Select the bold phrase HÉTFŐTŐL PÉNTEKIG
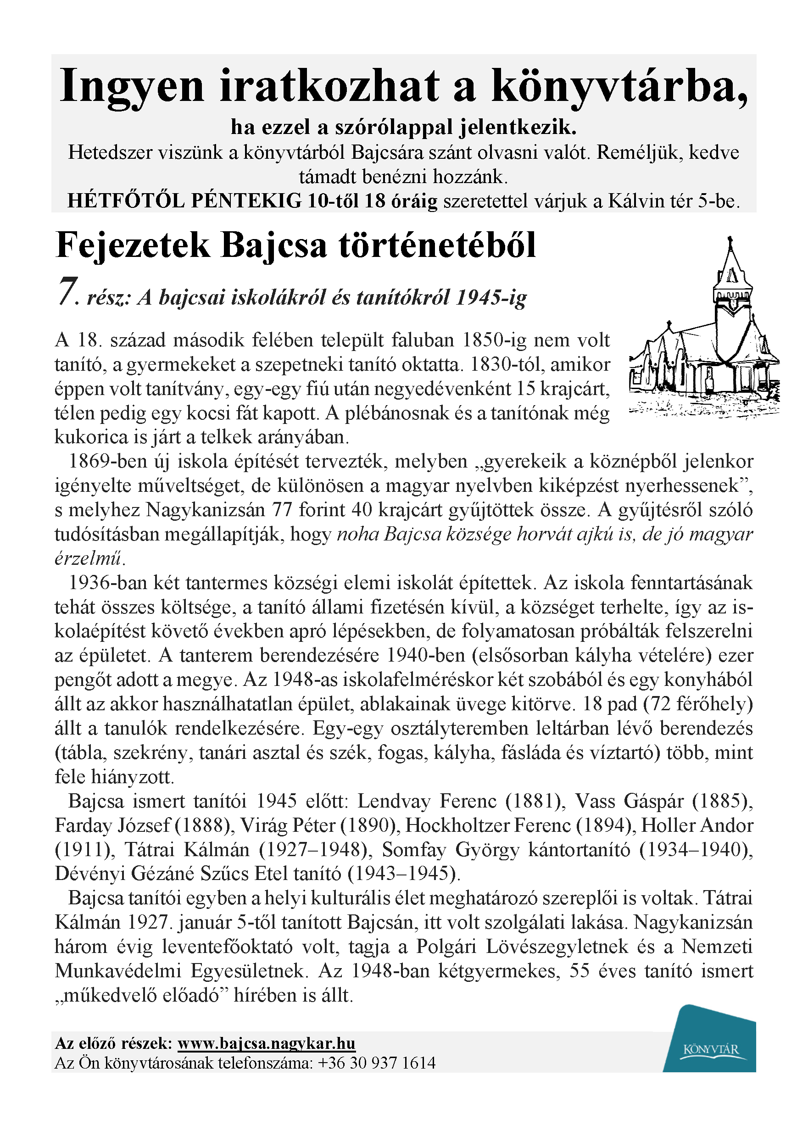[184, 201]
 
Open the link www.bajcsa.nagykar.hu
[266, 1043]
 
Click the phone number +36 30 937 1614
[376, 1063]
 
